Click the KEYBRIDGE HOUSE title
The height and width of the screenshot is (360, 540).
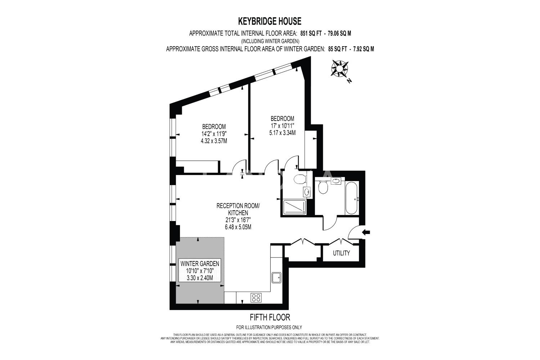pyautogui.click(x=270, y=21)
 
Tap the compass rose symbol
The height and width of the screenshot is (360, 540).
pyautogui.click(x=339, y=68)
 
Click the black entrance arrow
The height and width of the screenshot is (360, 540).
pyautogui.click(x=366, y=232)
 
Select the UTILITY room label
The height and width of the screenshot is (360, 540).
pyautogui.click(x=341, y=253)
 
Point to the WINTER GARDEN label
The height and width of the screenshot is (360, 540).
pyautogui.click(x=200, y=264)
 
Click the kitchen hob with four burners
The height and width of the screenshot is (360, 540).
pyautogui.click(x=256, y=298)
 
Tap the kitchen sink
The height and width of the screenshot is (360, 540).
pyautogui.click(x=276, y=278)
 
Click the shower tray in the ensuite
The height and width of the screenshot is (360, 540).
pyautogui.click(x=294, y=207)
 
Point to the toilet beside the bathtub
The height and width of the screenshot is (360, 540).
pyautogui.click(x=323, y=187)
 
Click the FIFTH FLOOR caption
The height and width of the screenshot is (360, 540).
pyautogui.click(x=270, y=317)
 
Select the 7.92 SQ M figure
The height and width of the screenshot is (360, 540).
pyautogui.click(x=364, y=49)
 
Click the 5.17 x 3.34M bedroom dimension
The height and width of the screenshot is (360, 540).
pyautogui.click(x=282, y=132)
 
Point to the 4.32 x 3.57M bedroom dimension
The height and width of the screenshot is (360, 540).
pyautogui.click(x=214, y=141)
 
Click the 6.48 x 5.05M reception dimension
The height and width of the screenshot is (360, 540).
pyautogui.click(x=238, y=227)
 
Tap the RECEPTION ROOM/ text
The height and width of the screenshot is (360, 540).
pyautogui.click(x=238, y=206)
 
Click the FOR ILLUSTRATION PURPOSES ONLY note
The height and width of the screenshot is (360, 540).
pyautogui.click(x=269, y=328)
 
